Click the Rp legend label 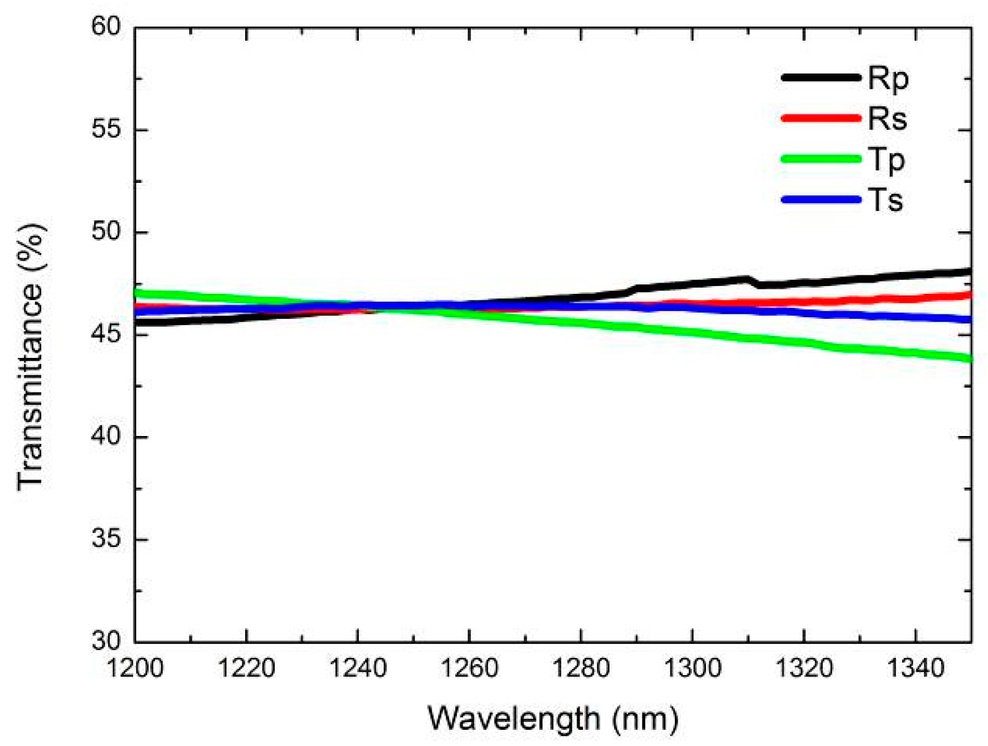888,79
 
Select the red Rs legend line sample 821,118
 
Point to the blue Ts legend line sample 821,199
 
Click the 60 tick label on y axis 106,26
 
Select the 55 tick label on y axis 106,129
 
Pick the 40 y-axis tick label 106,436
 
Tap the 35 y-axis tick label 106,539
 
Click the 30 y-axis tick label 106,641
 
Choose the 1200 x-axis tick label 135,668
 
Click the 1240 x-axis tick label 358,668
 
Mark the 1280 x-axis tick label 581,668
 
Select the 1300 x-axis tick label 692,668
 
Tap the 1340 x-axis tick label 915,668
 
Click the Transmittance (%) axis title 32,357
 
